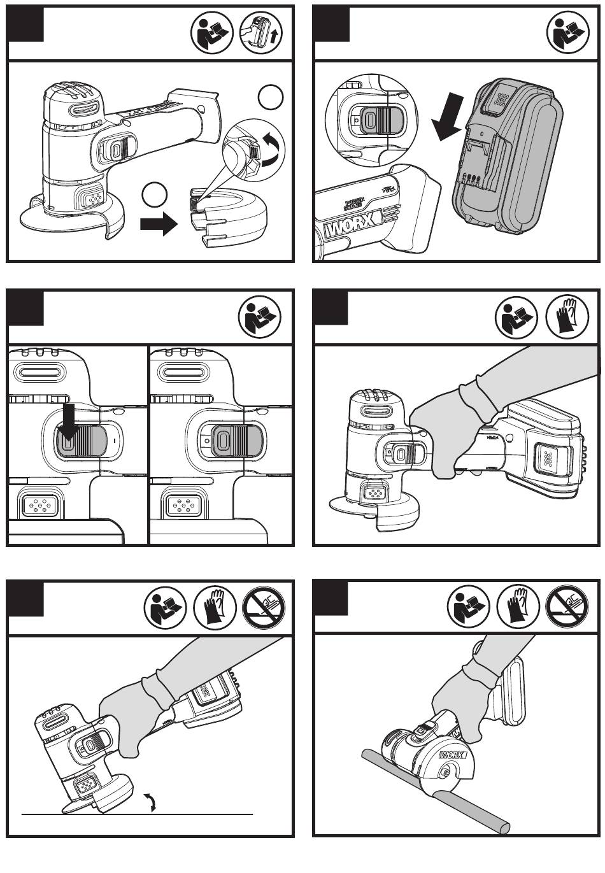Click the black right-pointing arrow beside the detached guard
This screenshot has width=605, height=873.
(159, 224)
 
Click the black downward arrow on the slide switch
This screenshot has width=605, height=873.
(69, 423)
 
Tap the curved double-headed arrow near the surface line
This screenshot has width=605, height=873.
(151, 802)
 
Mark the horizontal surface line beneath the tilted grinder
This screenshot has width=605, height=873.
(191, 814)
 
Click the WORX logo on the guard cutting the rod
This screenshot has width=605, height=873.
(453, 756)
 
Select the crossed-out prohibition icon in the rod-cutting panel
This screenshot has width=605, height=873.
(567, 607)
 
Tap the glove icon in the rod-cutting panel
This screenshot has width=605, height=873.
(518, 607)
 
